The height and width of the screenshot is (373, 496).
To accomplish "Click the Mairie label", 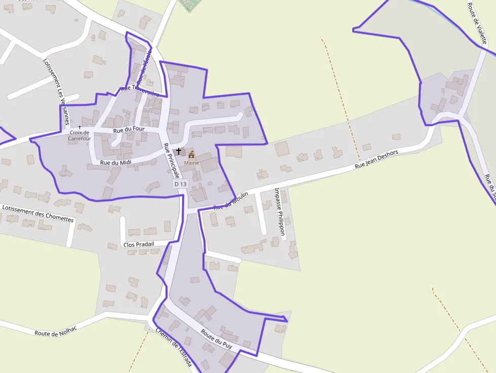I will [x=191, y=163].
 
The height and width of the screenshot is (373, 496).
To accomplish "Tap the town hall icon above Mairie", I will [x=191, y=155].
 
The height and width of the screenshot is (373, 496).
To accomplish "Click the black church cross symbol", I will [x=178, y=151].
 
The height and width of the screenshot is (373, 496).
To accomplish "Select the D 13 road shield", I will [x=180, y=184].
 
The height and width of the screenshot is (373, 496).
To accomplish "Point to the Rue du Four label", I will [x=129, y=130].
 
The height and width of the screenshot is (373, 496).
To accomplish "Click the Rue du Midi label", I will [x=116, y=162].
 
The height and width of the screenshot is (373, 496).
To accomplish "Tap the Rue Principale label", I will [x=172, y=160].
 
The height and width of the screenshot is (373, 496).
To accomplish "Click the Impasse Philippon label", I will [x=279, y=213].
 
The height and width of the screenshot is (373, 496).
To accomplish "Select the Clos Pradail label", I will [x=138, y=245].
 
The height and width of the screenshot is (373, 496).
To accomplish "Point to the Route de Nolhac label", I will [x=56, y=331].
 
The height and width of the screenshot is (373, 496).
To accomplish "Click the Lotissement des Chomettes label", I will [x=38, y=214].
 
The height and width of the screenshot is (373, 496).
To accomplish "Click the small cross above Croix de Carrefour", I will [x=79, y=127].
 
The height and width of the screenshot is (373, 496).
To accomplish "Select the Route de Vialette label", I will [x=477, y=23].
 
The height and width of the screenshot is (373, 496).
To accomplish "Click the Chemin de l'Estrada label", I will [x=174, y=348].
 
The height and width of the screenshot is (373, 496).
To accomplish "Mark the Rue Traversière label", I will [x=140, y=90].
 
